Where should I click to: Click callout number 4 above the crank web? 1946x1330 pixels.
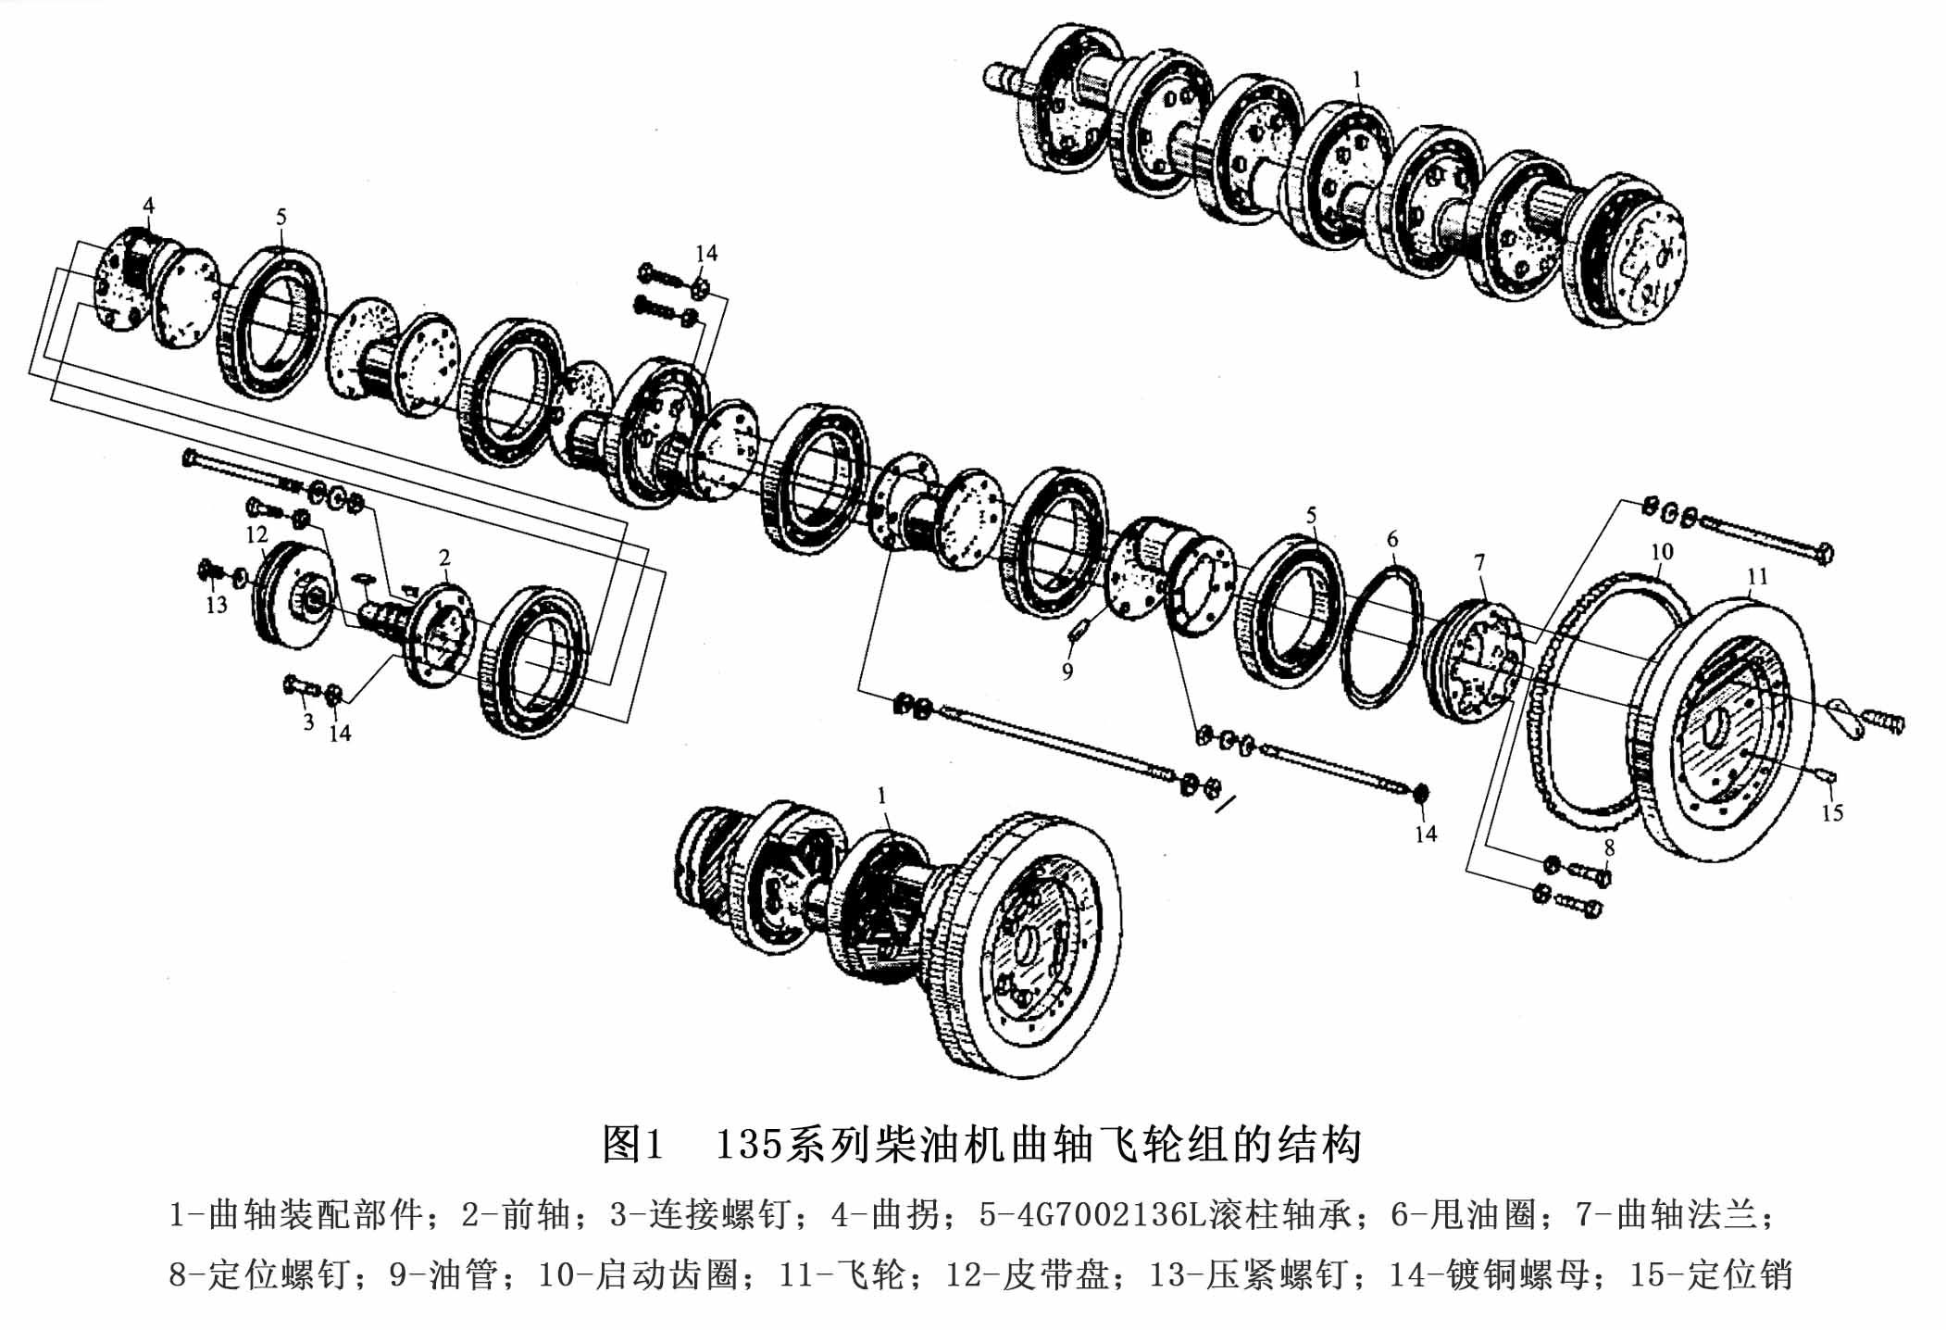pos(148,205)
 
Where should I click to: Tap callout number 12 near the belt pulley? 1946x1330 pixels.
pos(256,534)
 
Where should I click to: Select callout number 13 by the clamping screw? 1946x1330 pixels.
pos(216,606)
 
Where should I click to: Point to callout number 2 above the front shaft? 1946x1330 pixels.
pos(444,558)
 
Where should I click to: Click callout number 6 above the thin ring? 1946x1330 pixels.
pos(1392,539)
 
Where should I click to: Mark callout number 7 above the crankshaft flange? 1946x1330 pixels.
pos(1479,562)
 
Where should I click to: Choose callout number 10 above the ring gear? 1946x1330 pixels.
pos(1662,552)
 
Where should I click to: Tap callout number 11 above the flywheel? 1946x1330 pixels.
pos(1757,577)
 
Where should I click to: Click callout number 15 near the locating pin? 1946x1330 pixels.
pos(1832,813)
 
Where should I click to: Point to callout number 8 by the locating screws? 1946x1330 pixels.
pos(1609,847)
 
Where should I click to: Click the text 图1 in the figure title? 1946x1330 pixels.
pos(633,1145)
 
